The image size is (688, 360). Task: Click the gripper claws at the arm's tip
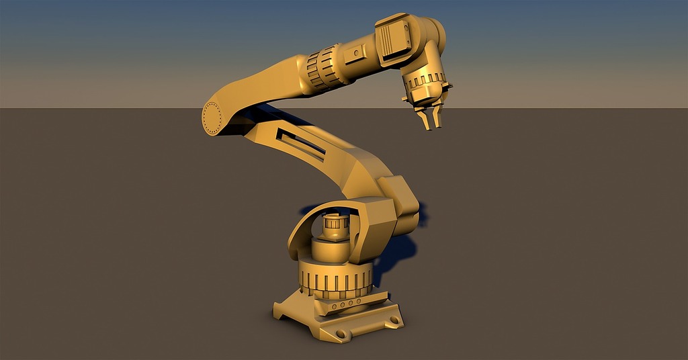tap(429, 118)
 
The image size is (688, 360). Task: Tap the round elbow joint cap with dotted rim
tap(212, 118)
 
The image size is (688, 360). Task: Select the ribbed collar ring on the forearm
tap(324, 69)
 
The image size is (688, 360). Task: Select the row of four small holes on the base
tap(345, 304)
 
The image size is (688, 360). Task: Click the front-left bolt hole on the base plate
tap(340, 333)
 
